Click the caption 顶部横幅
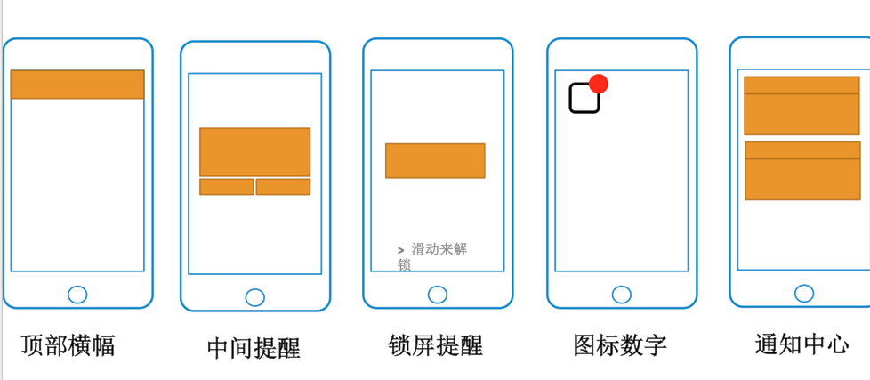tap(68, 345)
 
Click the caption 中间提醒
tap(254, 348)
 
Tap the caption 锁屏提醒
tap(436, 345)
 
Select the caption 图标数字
tap(620, 345)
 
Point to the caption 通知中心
tap(802, 344)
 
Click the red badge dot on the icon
tap(599, 84)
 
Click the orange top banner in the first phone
tap(77, 85)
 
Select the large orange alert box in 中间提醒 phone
tap(254, 152)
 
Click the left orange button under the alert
tap(226, 187)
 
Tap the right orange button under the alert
tap(283, 187)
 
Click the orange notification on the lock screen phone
tap(436, 161)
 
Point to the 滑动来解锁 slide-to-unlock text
tap(432, 257)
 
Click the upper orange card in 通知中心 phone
tap(802, 105)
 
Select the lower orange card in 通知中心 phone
tap(803, 171)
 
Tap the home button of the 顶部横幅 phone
tap(77, 295)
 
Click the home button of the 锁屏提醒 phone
tap(438, 295)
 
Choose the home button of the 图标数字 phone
tap(622, 295)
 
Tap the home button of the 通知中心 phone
tap(804, 294)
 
